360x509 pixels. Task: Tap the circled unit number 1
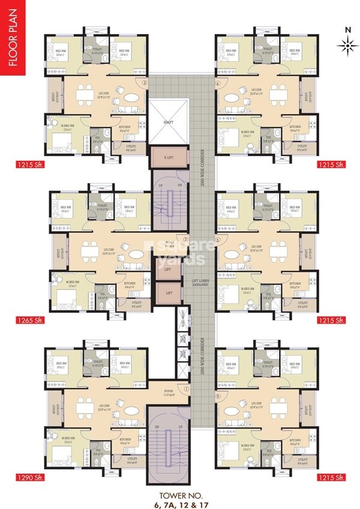point(187,389)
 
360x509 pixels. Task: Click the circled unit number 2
point(186,239)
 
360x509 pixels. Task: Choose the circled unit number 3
point(144,83)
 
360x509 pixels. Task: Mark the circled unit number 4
point(218,83)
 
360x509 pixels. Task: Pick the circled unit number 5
point(218,239)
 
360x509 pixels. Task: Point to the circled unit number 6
point(218,397)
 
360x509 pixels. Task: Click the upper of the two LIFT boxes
point(167,270)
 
